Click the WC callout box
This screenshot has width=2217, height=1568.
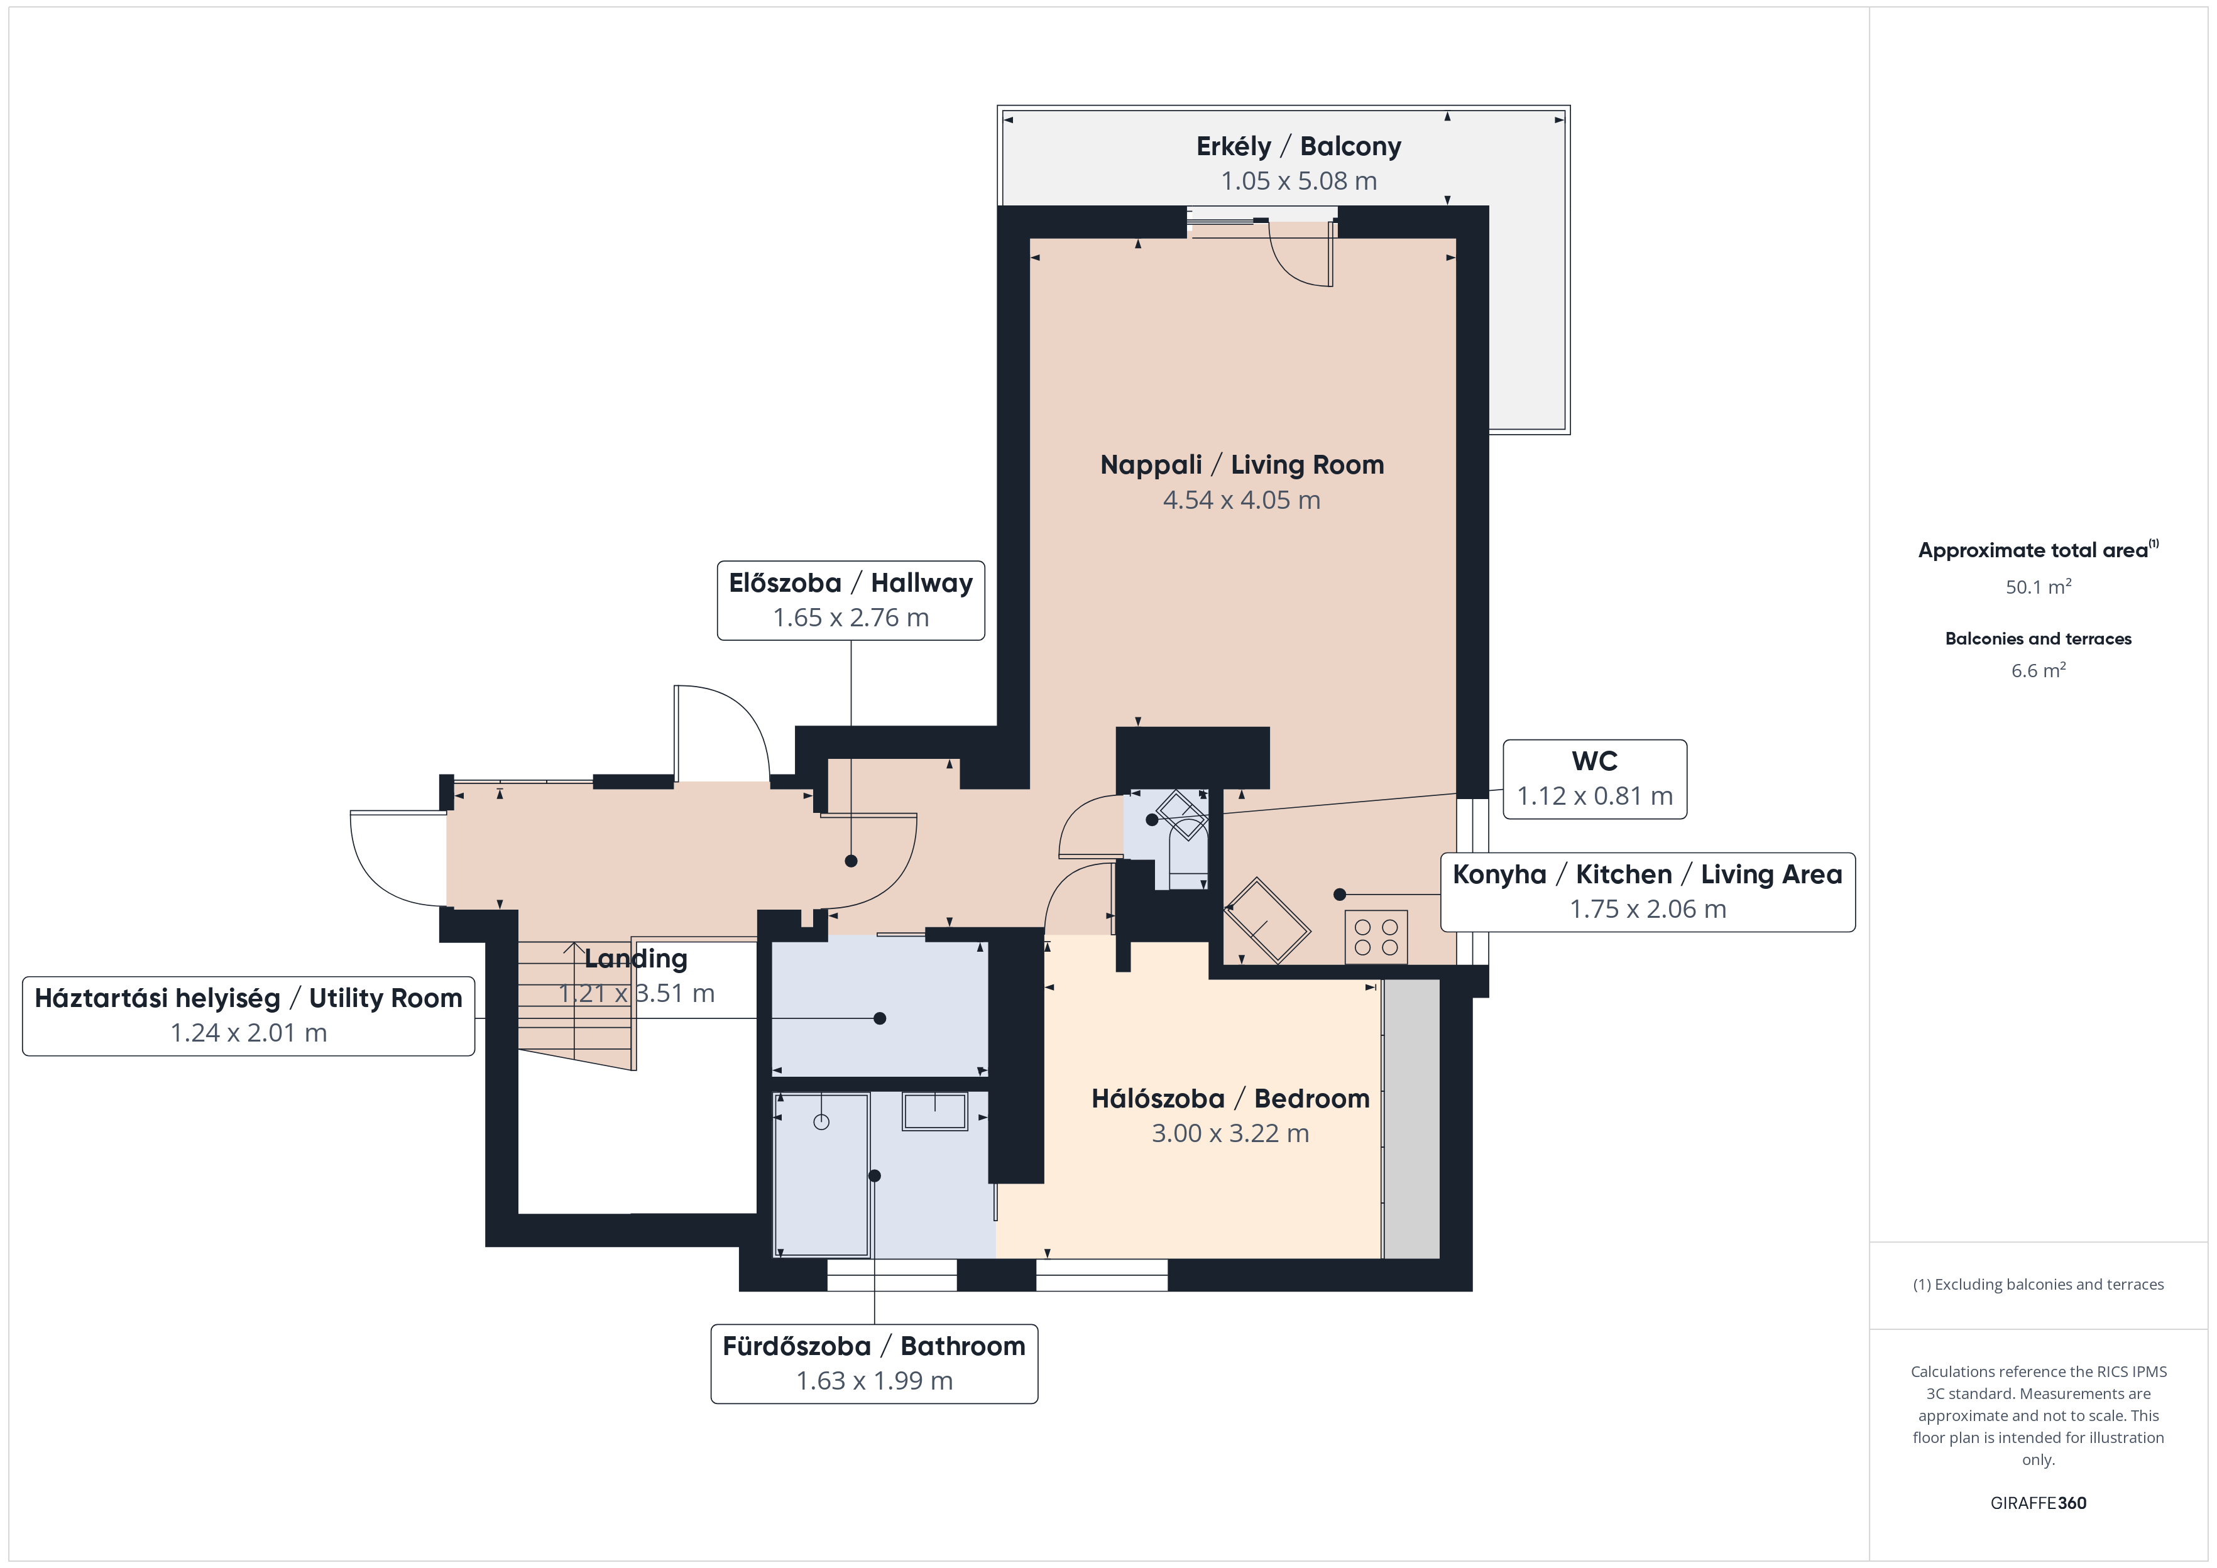tap(1595, 779)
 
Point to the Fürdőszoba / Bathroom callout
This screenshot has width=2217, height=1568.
tap(874, 1363)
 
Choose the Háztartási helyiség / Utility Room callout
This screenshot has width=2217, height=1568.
tap(248, 1016)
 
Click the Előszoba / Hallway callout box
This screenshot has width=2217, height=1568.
tap(851, 599)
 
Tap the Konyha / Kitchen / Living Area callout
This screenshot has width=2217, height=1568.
tap(1647, 892)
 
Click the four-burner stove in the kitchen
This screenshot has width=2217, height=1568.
tap(1376, 937)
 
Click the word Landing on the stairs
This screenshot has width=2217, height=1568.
tap(635, 959)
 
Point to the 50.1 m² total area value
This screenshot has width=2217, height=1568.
tap(2039, 586)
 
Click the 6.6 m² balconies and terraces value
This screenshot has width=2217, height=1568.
tap(2039, 670)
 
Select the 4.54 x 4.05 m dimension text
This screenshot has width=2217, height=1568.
tap(1242, 500)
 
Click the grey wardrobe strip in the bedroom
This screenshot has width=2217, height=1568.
tap(1411, 1118)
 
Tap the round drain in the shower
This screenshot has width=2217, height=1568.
tap(821, 1122)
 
